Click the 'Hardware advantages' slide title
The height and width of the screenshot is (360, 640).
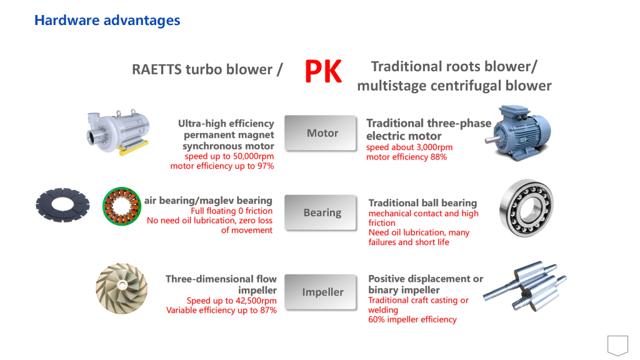107,20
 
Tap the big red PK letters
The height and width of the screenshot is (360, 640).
323,71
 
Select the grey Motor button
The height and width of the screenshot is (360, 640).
321,133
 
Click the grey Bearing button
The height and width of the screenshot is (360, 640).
321,212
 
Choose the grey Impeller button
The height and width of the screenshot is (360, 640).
321,292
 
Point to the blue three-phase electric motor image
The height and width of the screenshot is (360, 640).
518,132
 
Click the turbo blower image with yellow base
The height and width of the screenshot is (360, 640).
118,132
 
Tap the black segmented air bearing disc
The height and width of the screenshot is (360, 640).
62,205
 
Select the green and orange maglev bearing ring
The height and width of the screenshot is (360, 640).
122,206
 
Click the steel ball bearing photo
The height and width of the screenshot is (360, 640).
526,207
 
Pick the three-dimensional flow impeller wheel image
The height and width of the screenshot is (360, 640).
122,288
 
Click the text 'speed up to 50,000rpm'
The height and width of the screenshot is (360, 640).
229,156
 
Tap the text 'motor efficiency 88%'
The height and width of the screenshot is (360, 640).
406,157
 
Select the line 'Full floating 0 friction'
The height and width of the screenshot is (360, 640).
231,211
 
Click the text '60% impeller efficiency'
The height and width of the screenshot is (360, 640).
412,319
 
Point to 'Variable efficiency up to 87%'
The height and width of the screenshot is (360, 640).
221,310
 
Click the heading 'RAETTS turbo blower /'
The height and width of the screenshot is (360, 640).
207,69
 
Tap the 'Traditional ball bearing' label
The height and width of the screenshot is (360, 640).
422,203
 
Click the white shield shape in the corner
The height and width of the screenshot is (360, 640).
617,345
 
